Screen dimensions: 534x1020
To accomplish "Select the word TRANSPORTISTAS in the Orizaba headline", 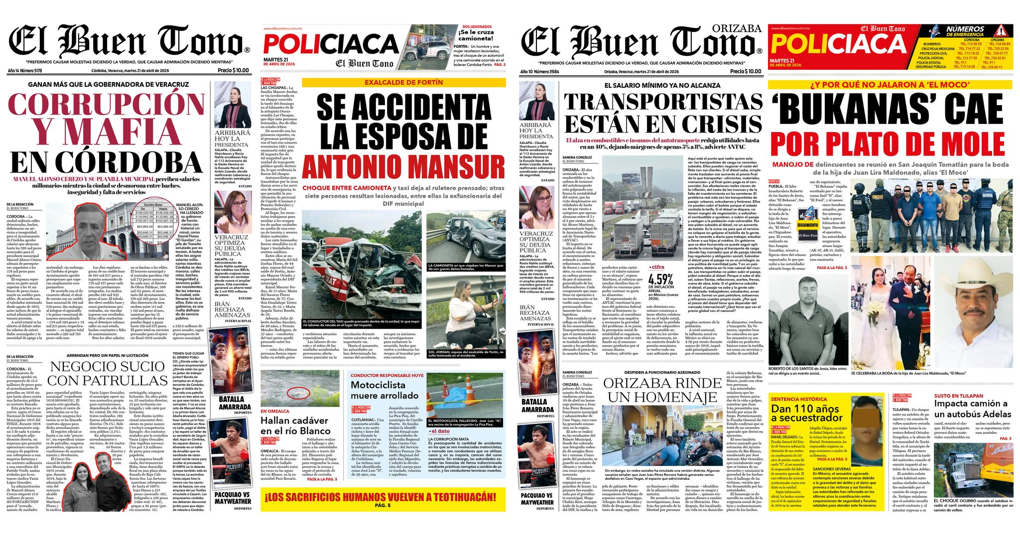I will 663,102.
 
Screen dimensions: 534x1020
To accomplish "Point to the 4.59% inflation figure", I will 660,280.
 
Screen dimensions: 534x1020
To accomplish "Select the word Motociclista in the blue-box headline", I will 378,385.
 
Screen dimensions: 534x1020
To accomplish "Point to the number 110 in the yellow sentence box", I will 805,409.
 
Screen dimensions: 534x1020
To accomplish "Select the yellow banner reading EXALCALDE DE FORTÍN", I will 403,82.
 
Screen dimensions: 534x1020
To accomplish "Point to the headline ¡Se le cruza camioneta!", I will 476,35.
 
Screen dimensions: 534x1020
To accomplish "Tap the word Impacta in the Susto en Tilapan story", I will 953,404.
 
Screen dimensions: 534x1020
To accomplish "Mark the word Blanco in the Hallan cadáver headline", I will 315,431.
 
